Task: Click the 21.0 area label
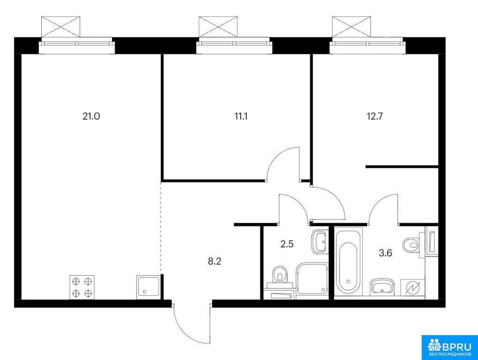click(91, 116)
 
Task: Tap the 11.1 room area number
click(241, 116)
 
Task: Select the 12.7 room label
click(375, 116)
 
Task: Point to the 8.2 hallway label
click(214, 261)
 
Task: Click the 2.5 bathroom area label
click(287, 244)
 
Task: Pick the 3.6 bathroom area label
click(385, 253)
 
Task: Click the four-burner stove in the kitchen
click(82, 287)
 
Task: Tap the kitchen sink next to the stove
click(148, 286)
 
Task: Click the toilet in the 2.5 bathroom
click(280, 277)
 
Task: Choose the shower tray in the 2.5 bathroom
click(312, 278)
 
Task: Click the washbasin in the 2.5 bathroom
click(319, 242)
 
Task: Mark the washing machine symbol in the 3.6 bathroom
click(412, 287)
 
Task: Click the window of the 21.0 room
click(77, 45)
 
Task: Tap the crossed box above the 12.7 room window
click(352, 27)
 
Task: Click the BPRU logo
click(450, 347)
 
